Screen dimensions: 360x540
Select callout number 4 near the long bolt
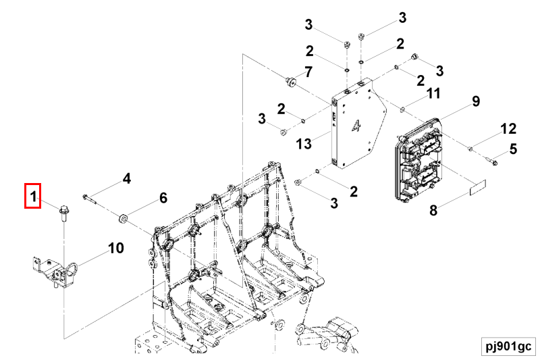click(126, 179)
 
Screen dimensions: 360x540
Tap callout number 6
click(163, 198)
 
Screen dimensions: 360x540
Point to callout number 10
click(116, 248)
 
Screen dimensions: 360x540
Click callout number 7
click(308, 72)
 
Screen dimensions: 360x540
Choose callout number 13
click(304, 143)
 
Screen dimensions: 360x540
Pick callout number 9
click(476, 101)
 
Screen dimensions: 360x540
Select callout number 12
click(508, 128)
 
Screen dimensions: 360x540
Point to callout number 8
click(433, 210)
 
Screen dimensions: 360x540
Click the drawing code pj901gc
click(508, 346)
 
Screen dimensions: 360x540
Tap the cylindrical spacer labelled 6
click(124, 218)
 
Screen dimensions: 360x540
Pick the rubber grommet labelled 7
click(291, 82)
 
